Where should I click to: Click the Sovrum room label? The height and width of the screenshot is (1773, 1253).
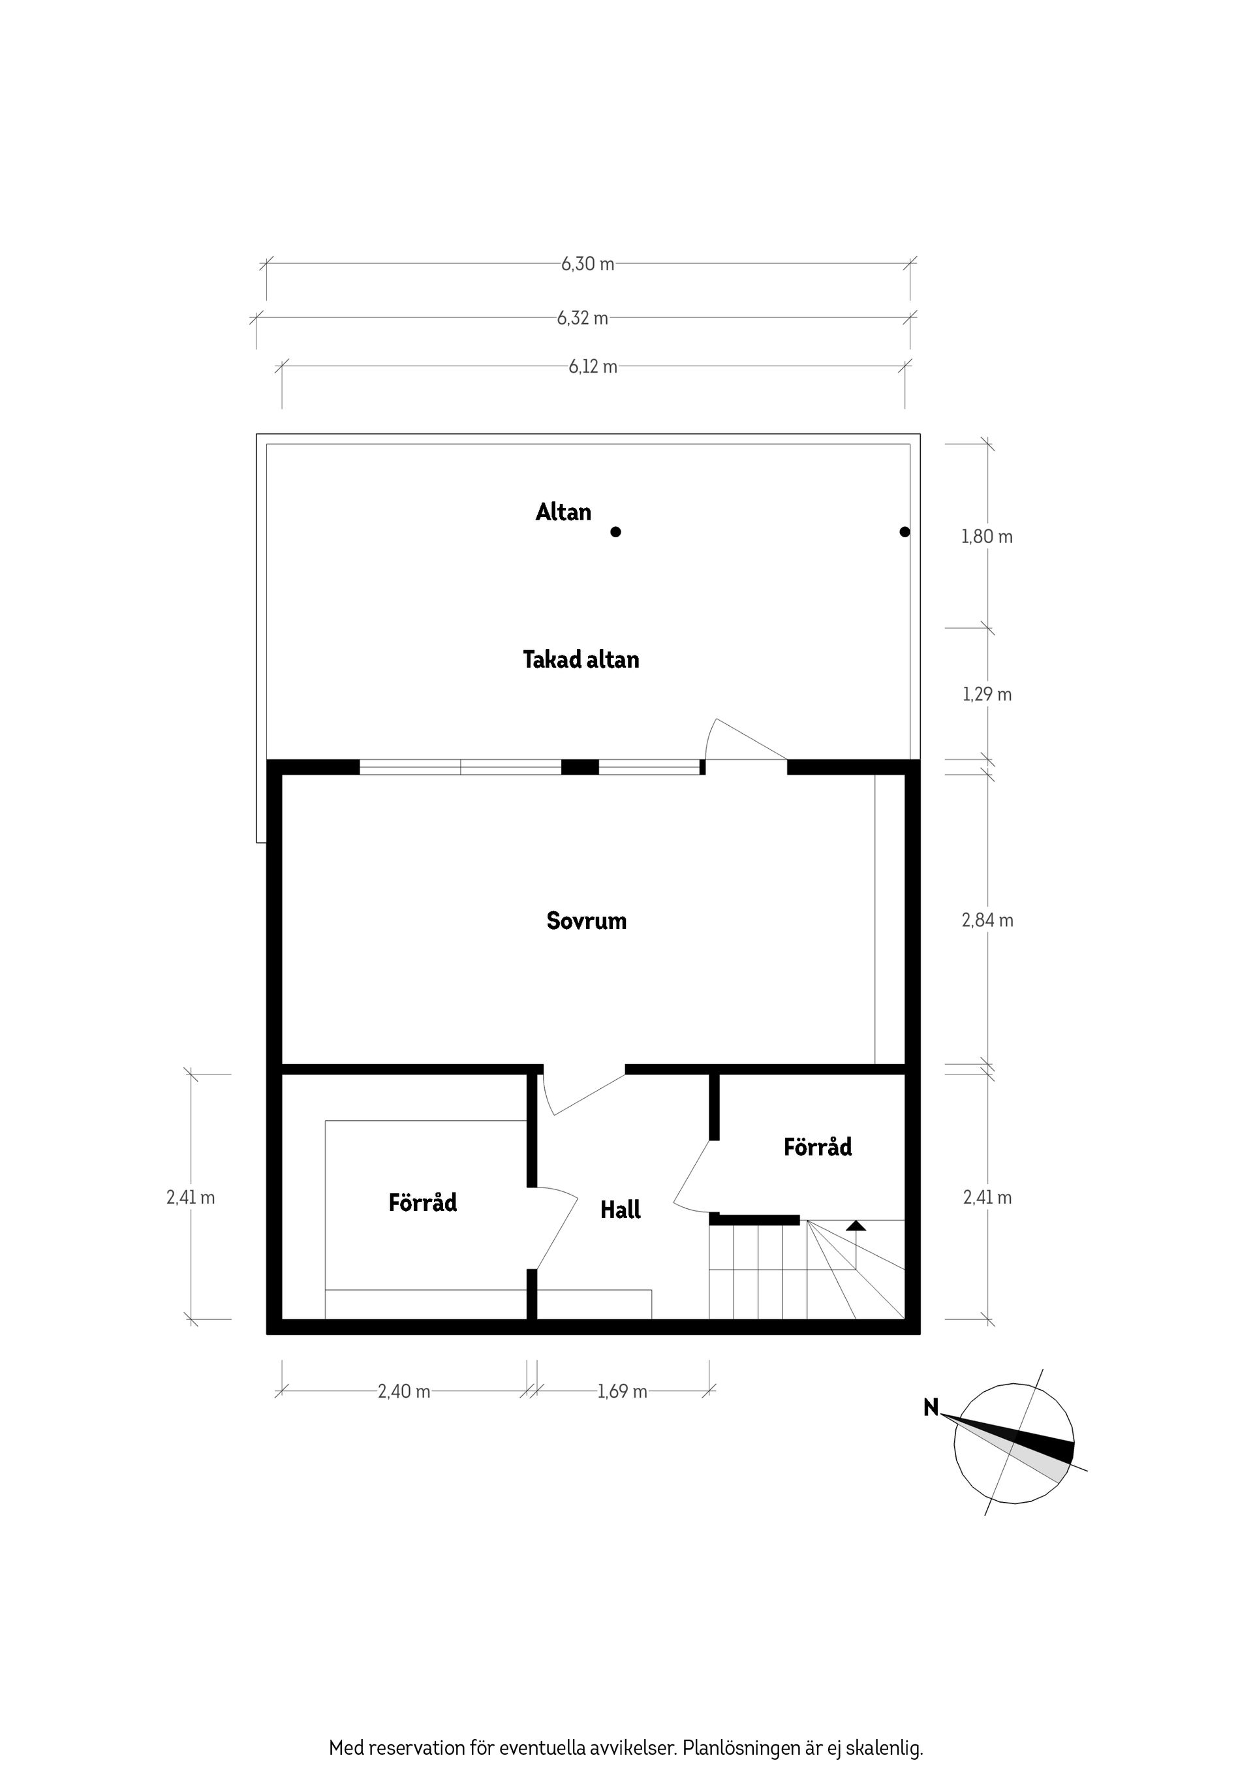[x=586, y=920]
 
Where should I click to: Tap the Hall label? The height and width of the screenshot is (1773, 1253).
[x=620, y=1210]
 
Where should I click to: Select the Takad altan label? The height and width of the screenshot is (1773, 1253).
[x=581, y=659]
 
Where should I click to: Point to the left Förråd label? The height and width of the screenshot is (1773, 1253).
[x=422, y=1202]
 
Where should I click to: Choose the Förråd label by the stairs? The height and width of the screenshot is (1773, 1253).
[x=818, y=1147]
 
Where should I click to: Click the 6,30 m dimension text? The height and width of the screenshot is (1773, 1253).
[x=587, y=264]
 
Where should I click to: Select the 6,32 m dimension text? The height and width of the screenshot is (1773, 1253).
[x=582, y=318]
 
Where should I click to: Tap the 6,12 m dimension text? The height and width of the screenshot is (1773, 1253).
[x=593, y=367]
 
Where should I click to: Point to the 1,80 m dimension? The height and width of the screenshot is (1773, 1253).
[x=987, y=537]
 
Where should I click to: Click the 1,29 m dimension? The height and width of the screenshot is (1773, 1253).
[x=987, y=694]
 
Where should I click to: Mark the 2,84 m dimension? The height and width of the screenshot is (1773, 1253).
[x=987, y=920]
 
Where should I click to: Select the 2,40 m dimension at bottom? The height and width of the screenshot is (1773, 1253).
[x=404, y=1392]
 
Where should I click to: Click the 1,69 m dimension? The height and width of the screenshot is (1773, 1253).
[x=622, y=1392]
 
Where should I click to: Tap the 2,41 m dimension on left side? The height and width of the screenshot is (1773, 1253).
[x=191, y=1198]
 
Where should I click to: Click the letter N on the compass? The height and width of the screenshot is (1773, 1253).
[x=931, y=1407]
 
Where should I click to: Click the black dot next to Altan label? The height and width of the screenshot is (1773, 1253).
[x=615, y=532]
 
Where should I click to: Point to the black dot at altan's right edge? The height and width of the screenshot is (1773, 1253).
[x=905, y=532]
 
